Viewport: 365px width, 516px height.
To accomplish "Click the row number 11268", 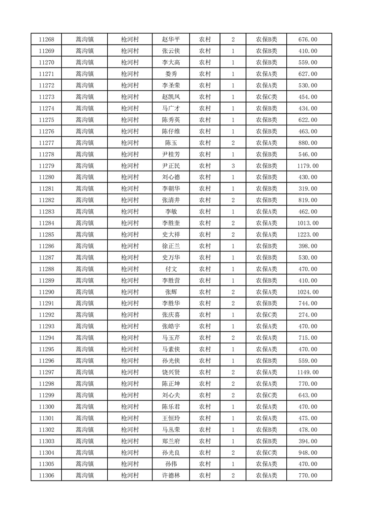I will pos(46,40).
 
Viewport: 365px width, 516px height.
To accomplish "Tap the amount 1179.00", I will pos(308,166).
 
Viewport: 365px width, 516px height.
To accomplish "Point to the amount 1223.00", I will pos(308,235).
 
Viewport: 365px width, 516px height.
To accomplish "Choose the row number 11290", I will pos(46,292).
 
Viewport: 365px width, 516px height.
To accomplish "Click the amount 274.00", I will pos(308,315).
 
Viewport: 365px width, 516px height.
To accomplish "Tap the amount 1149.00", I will pos(308,372).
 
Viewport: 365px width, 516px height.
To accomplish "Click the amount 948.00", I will pos(308,453).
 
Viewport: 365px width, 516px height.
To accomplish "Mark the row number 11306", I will pos(46,476).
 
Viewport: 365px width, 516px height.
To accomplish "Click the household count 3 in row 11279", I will pos(233,166).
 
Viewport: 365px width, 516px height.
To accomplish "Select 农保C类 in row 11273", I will pos(267,97).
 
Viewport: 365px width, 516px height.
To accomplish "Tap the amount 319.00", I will pos(308,189).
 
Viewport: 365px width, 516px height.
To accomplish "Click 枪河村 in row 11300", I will pos(130,407).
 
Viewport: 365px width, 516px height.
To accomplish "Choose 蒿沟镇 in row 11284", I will pos(85,223).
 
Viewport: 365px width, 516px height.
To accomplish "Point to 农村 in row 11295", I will pos(205,349).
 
